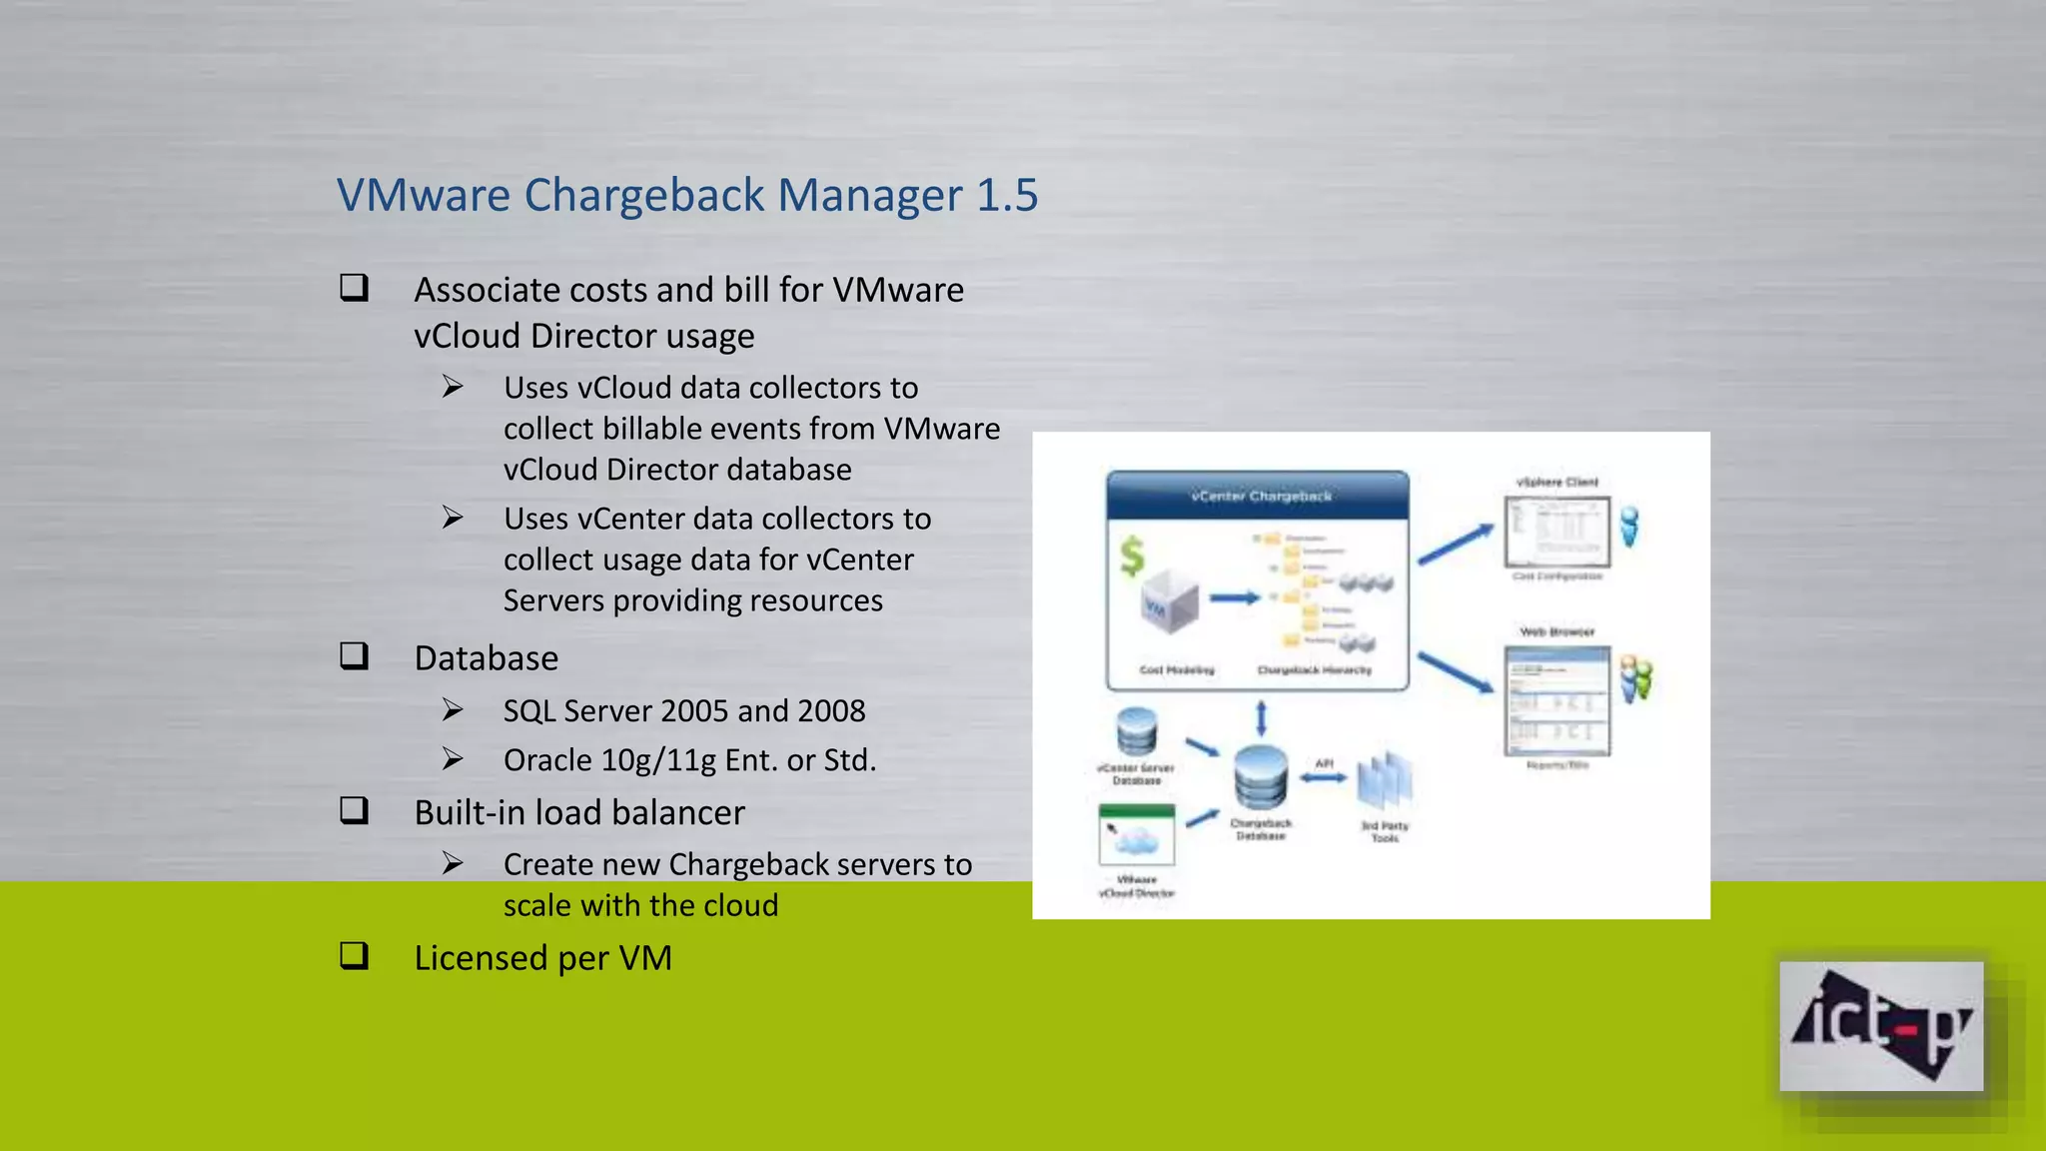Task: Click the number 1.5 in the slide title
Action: pos(1007,195)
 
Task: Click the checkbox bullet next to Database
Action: pos(355,656)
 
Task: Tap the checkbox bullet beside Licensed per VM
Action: pos(355,956)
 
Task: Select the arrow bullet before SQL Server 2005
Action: pos(453,710)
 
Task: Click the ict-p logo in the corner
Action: pos(1880,1026)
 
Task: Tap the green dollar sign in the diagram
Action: pos(1131,557)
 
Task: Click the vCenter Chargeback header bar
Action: pos(1259,496)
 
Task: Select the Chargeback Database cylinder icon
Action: pos(1260,777)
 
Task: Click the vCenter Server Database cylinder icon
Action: pos(1137,732)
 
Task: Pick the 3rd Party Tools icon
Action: pos(1385,781)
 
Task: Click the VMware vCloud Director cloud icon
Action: pos(1137,836)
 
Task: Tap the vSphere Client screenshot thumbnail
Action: pos(1557,531)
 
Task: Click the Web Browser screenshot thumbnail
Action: pos(1557,700)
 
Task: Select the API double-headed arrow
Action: pos(1324,777)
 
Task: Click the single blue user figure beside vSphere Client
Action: pos(1629,526)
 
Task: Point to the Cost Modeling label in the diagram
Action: pos(1177,669)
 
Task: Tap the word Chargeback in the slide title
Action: pos(644,195)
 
